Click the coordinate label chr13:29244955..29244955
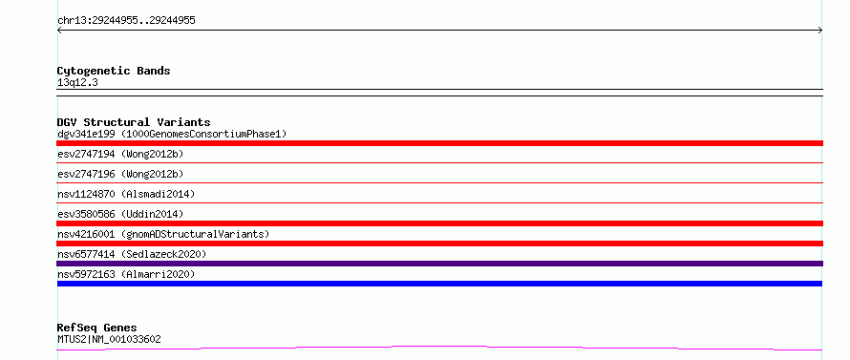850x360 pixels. click(126, 21)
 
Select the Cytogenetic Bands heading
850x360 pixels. click(114, 71)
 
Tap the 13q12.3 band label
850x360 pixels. click(77, 83)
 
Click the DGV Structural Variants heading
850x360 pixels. click(134, 122)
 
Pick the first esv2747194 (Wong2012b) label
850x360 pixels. click(120, 154)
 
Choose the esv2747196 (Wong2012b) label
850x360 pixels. click(120, 174)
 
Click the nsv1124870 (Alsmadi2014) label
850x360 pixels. click(126, 194)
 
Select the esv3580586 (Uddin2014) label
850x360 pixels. click(120, 214)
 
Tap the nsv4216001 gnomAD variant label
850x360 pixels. click(163, 234)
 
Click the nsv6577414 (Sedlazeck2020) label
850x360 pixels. click(132, 254)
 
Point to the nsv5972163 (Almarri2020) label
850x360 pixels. click(126, 274)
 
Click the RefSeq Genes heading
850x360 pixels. click(96, 328)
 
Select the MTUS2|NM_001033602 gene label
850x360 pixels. click(109, 340)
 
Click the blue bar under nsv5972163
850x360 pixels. click(439, 284)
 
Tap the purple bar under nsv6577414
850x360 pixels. click(439, 264)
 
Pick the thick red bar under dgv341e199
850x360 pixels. click(439, 143)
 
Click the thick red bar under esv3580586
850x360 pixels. click(439, 223)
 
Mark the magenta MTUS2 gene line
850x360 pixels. click(439, 348)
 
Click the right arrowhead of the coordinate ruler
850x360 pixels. click(821, 31)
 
